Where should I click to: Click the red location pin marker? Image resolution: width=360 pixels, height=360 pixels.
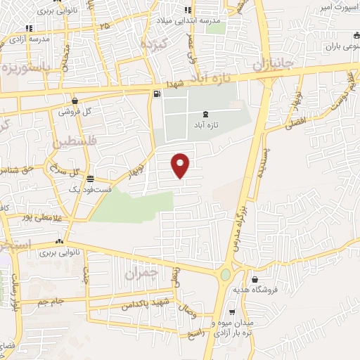181,165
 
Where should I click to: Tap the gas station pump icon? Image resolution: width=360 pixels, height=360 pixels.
155,93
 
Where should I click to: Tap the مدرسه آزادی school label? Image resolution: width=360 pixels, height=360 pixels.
27,39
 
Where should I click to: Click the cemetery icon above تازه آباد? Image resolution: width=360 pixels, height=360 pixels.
205,114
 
